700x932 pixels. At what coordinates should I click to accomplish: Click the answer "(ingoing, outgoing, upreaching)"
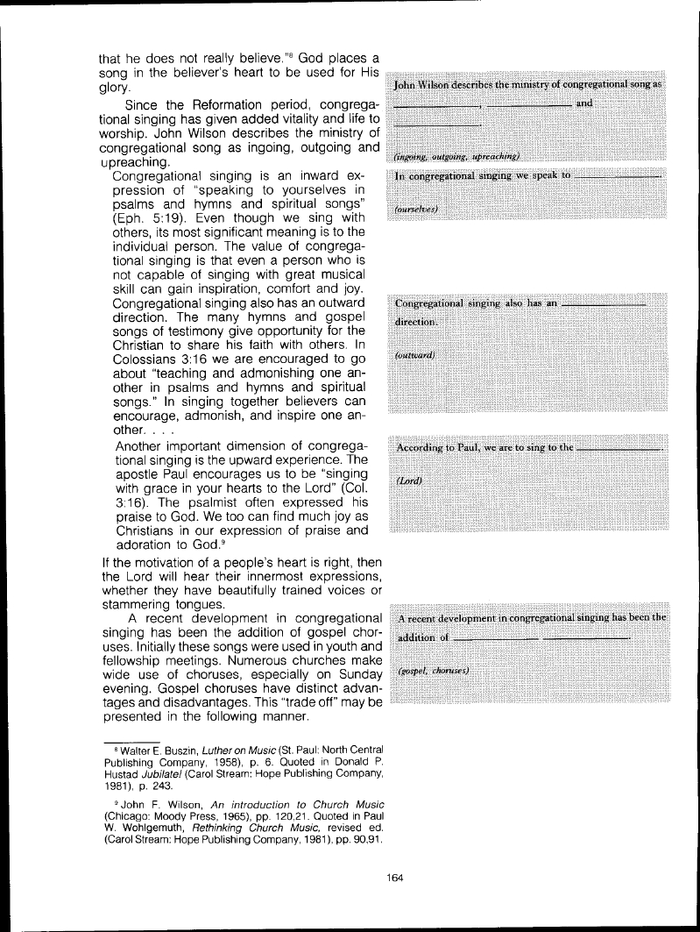pyautogui.click(x=457, y=156)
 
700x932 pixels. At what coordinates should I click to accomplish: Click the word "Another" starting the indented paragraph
pyautogui.click(x=144, y=446)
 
